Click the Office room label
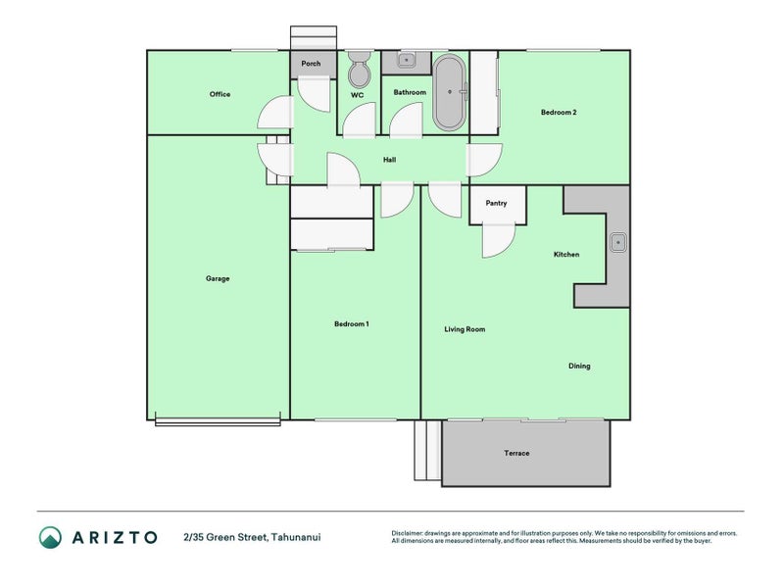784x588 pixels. coord(220,94)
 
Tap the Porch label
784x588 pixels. coord(311,64)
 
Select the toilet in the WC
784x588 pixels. coord(358,71)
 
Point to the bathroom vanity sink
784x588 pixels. coord(405,61)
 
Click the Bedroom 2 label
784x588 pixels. coord(559,113)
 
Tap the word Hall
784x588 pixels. coord(389,160)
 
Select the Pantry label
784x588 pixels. coord(496,203)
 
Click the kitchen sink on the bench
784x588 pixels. coord(618,242)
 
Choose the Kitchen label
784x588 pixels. coord(566,255)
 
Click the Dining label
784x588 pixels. coord(579,367)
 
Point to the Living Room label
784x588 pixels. coord(465,329)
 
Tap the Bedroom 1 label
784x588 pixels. coord(352,323)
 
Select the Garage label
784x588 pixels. coord(218,278)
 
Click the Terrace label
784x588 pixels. coord(516,453)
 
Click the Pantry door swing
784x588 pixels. coord(498,240)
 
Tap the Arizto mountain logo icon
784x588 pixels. coord(50,537)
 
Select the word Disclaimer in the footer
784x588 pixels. coord(409,533)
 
